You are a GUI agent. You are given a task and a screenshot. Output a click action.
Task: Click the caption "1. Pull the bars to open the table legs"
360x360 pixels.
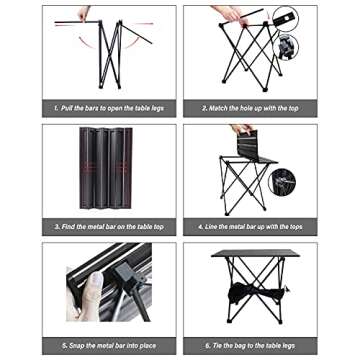pyautogui.click(x=108, y=107)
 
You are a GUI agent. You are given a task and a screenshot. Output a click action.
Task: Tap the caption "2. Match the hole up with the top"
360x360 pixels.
pyautogui.click(x=249, y=107)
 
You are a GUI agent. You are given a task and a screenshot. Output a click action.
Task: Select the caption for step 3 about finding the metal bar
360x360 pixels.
pyautogui.click(x=108, y=227)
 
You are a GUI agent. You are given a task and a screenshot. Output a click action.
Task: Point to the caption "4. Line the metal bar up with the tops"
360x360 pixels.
pyautogui.click(x=249, y=227)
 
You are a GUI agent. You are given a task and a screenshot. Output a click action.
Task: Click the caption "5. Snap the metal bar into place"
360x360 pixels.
pyautogui.click(x=108, y=345)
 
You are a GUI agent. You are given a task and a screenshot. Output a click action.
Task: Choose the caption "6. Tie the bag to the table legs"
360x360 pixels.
pyautogui.click(x=249, y=345)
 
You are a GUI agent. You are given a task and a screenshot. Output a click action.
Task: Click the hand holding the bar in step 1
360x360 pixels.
pyautogui.click(x=85, y=13)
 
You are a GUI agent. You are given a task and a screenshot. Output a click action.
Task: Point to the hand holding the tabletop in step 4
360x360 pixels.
pyautogui.click(x=242, y=129)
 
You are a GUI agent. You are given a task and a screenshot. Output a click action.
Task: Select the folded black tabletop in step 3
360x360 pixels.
pyautogui.click(x=106, y=168)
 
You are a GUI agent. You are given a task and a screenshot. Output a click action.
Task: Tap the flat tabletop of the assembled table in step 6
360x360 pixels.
pyautogui.click(x=255, y=253)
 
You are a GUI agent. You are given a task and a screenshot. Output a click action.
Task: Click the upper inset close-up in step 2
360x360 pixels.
pyautogui.click(x=285, y=19)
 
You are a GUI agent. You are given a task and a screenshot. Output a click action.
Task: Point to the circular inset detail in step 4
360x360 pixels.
pyautogui.click(x=284, y=181)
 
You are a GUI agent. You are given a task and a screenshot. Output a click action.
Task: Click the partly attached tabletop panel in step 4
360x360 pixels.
pyautogui.click(x=258, y=147)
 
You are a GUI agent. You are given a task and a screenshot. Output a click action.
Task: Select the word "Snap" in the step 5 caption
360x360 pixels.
pyautogui.click(x=77, y=345)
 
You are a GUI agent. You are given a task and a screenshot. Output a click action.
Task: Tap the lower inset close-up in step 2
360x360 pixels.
pyautogui.click(x=288, y=46)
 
